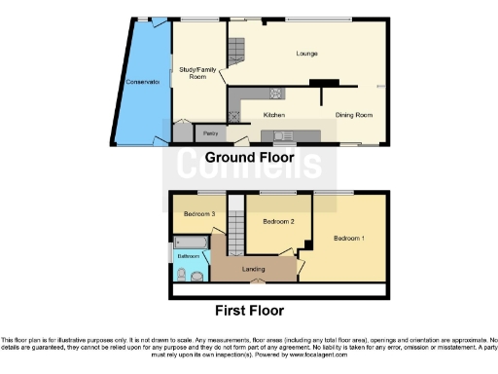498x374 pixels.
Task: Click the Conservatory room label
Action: [x=142, y=82]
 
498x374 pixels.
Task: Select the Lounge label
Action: [x=308, y=53]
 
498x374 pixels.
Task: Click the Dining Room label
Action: [x=354, y=115]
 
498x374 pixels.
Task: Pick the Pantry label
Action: [x=207, y=132]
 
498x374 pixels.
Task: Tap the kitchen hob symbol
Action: [x=275, y=94]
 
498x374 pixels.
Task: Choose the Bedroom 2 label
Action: [x=278, y=222]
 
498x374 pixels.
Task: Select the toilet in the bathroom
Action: [x=197, y=276]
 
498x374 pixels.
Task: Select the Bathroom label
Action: [x=188, y=256]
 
